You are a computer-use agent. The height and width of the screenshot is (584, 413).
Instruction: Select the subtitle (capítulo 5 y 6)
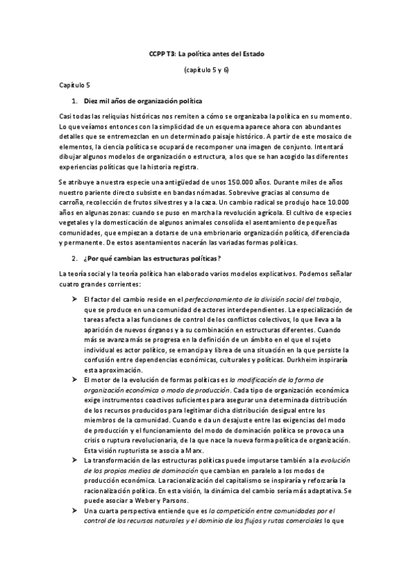click(x=207, y=70)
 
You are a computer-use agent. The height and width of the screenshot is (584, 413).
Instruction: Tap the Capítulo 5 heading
click(x=74, y=85)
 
